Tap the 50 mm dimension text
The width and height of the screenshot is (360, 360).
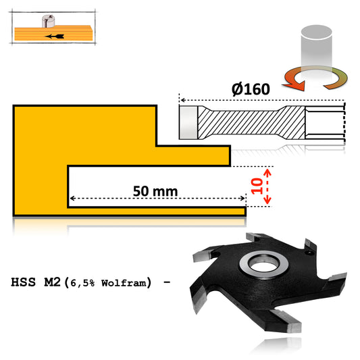155,191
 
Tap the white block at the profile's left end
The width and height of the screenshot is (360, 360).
188,123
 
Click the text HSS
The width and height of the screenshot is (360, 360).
26,282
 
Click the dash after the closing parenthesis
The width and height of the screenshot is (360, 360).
165,282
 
